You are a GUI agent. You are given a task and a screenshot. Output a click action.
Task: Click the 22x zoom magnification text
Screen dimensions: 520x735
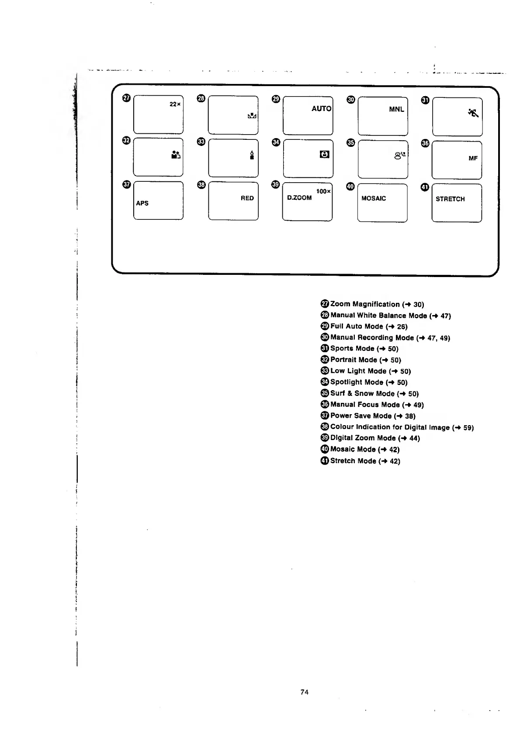[x=175, y=104]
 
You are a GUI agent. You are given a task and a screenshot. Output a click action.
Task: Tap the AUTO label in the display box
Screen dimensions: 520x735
[x=321, y=109]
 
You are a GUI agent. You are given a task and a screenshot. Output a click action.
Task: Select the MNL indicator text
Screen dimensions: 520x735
[x=396, y=110]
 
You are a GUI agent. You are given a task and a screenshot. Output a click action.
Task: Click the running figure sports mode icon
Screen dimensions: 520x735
[x=473, y=113]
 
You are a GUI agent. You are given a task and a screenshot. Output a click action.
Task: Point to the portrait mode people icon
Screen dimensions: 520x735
[x=176, y=155]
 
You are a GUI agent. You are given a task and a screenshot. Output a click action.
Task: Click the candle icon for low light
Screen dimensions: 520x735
[x=252, y=155]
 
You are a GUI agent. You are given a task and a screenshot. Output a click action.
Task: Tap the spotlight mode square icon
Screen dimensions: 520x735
[x=325, y=154]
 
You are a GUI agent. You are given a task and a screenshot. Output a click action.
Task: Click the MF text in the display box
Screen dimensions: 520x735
[x=473, y=159]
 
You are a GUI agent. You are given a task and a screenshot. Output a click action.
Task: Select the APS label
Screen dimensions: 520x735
[x=142, y=203]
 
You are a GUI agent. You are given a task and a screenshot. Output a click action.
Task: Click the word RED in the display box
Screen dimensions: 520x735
[x=247, y=198]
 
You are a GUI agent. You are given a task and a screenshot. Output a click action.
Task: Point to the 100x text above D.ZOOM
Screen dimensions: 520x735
[x=323, y=191]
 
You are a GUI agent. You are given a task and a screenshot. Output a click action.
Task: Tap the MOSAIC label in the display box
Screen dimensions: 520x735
[x=374, y=198]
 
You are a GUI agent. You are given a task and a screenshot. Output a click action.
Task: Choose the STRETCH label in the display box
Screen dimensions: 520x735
[x=450, y=199]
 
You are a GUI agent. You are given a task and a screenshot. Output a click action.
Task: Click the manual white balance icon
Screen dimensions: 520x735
[x=252, y=116]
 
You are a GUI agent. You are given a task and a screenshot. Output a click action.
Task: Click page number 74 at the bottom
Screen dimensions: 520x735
[x=305, y=692]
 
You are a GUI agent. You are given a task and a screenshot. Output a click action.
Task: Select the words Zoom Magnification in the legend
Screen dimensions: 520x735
[x=365, y=304]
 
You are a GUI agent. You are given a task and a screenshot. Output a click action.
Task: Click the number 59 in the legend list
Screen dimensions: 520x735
[x=468, y=428]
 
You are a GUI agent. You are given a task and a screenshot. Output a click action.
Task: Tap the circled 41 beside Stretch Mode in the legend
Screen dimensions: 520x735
[x=325, y=461]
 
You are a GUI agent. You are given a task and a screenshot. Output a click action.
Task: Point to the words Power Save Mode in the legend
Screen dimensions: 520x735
[x=361, y=416]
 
